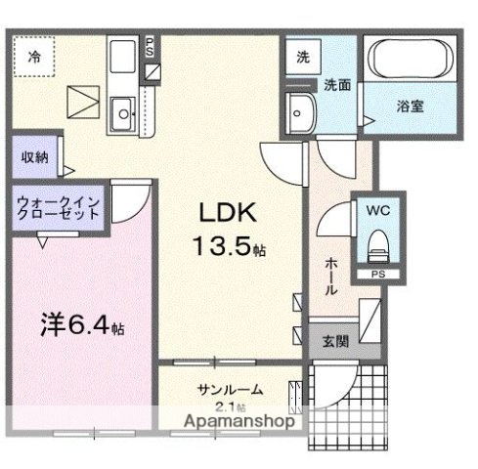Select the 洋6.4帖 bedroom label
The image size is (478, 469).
tap(80, 322)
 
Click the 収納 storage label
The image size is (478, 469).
tap(33, 156)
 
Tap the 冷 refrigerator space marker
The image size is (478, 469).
tap(34, 57)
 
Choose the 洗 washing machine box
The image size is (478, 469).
tap(303, 56)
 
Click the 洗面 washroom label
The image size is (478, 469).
tap(338, 84)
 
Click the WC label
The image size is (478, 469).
tap(377, 208)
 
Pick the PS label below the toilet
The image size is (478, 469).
tap(377, 275)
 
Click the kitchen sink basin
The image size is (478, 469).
tap(124, 115)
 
